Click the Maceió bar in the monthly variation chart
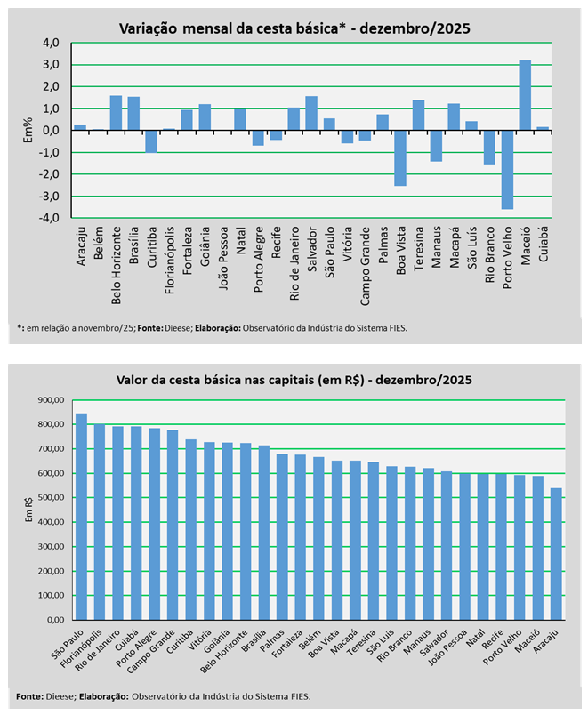[x=525, y=95]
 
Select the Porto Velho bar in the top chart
[x=507, y=170]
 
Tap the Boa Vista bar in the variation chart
[x=400, y=158]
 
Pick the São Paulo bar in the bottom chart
[x=81, y=516]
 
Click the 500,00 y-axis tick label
[x=50, y=497]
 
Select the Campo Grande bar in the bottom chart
[x=173, y=525]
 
